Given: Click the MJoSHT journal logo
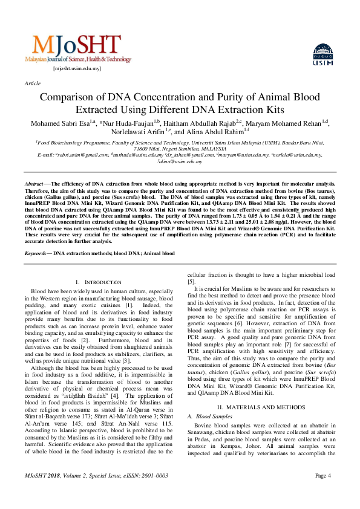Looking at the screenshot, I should click(77, 48).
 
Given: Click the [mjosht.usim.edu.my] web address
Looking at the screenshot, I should click(77, 69).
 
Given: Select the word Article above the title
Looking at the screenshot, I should click(33, 83).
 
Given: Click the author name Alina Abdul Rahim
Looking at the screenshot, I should click(214, 132).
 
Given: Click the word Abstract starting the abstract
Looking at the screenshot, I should click(34, 183).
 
